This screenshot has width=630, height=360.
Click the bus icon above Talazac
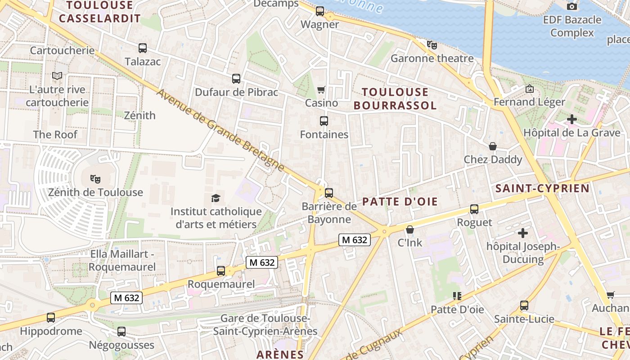tap(143, 48)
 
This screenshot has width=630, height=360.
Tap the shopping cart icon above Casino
tap(321, 90)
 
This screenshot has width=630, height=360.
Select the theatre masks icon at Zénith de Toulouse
tap(95, 179)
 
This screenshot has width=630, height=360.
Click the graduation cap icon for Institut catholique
tap(216, 198)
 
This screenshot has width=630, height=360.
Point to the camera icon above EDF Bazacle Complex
tap(572, 6)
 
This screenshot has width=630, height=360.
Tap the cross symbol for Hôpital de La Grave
tap(571, 119)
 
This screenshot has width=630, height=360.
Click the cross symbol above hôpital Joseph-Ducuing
tap(523, 233)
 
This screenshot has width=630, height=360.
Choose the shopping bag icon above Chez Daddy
tap(493, 146)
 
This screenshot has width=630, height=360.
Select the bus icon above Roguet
tap(474, 209)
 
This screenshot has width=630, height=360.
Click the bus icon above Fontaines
tap(324, 121)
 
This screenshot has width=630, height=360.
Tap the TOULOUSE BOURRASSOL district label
tap(395, 99)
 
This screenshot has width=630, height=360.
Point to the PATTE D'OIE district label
tap(400, 201)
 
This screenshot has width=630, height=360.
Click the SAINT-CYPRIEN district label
tap(542, 189)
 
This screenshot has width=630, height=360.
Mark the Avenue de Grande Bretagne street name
tap(220, 130)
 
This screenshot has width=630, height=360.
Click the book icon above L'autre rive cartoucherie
tap(57, 76)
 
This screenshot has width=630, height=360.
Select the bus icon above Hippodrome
tap(51, 318)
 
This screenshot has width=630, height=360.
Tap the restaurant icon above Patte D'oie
tap(457, 296)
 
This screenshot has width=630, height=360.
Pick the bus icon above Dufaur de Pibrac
tap(236, 79)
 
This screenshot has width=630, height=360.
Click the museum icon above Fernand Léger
tap(529, 89)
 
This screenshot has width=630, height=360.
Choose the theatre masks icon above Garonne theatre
tap(432, 45)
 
